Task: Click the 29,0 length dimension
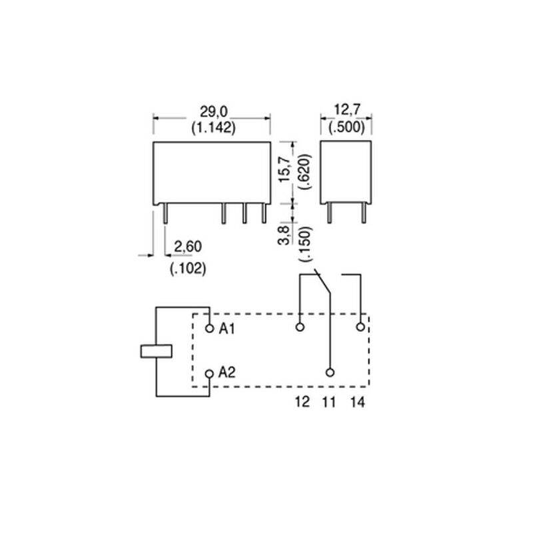tap(213, 112)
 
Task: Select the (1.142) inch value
tap(213, 128)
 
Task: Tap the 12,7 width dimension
tap(346, 110)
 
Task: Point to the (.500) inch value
tap(346, 127)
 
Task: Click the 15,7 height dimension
tap(285, 169)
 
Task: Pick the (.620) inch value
tap(304, 172)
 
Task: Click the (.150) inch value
tap(304, 243)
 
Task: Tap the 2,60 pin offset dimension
tap(188, 247)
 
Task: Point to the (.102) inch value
tap(188, 268)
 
